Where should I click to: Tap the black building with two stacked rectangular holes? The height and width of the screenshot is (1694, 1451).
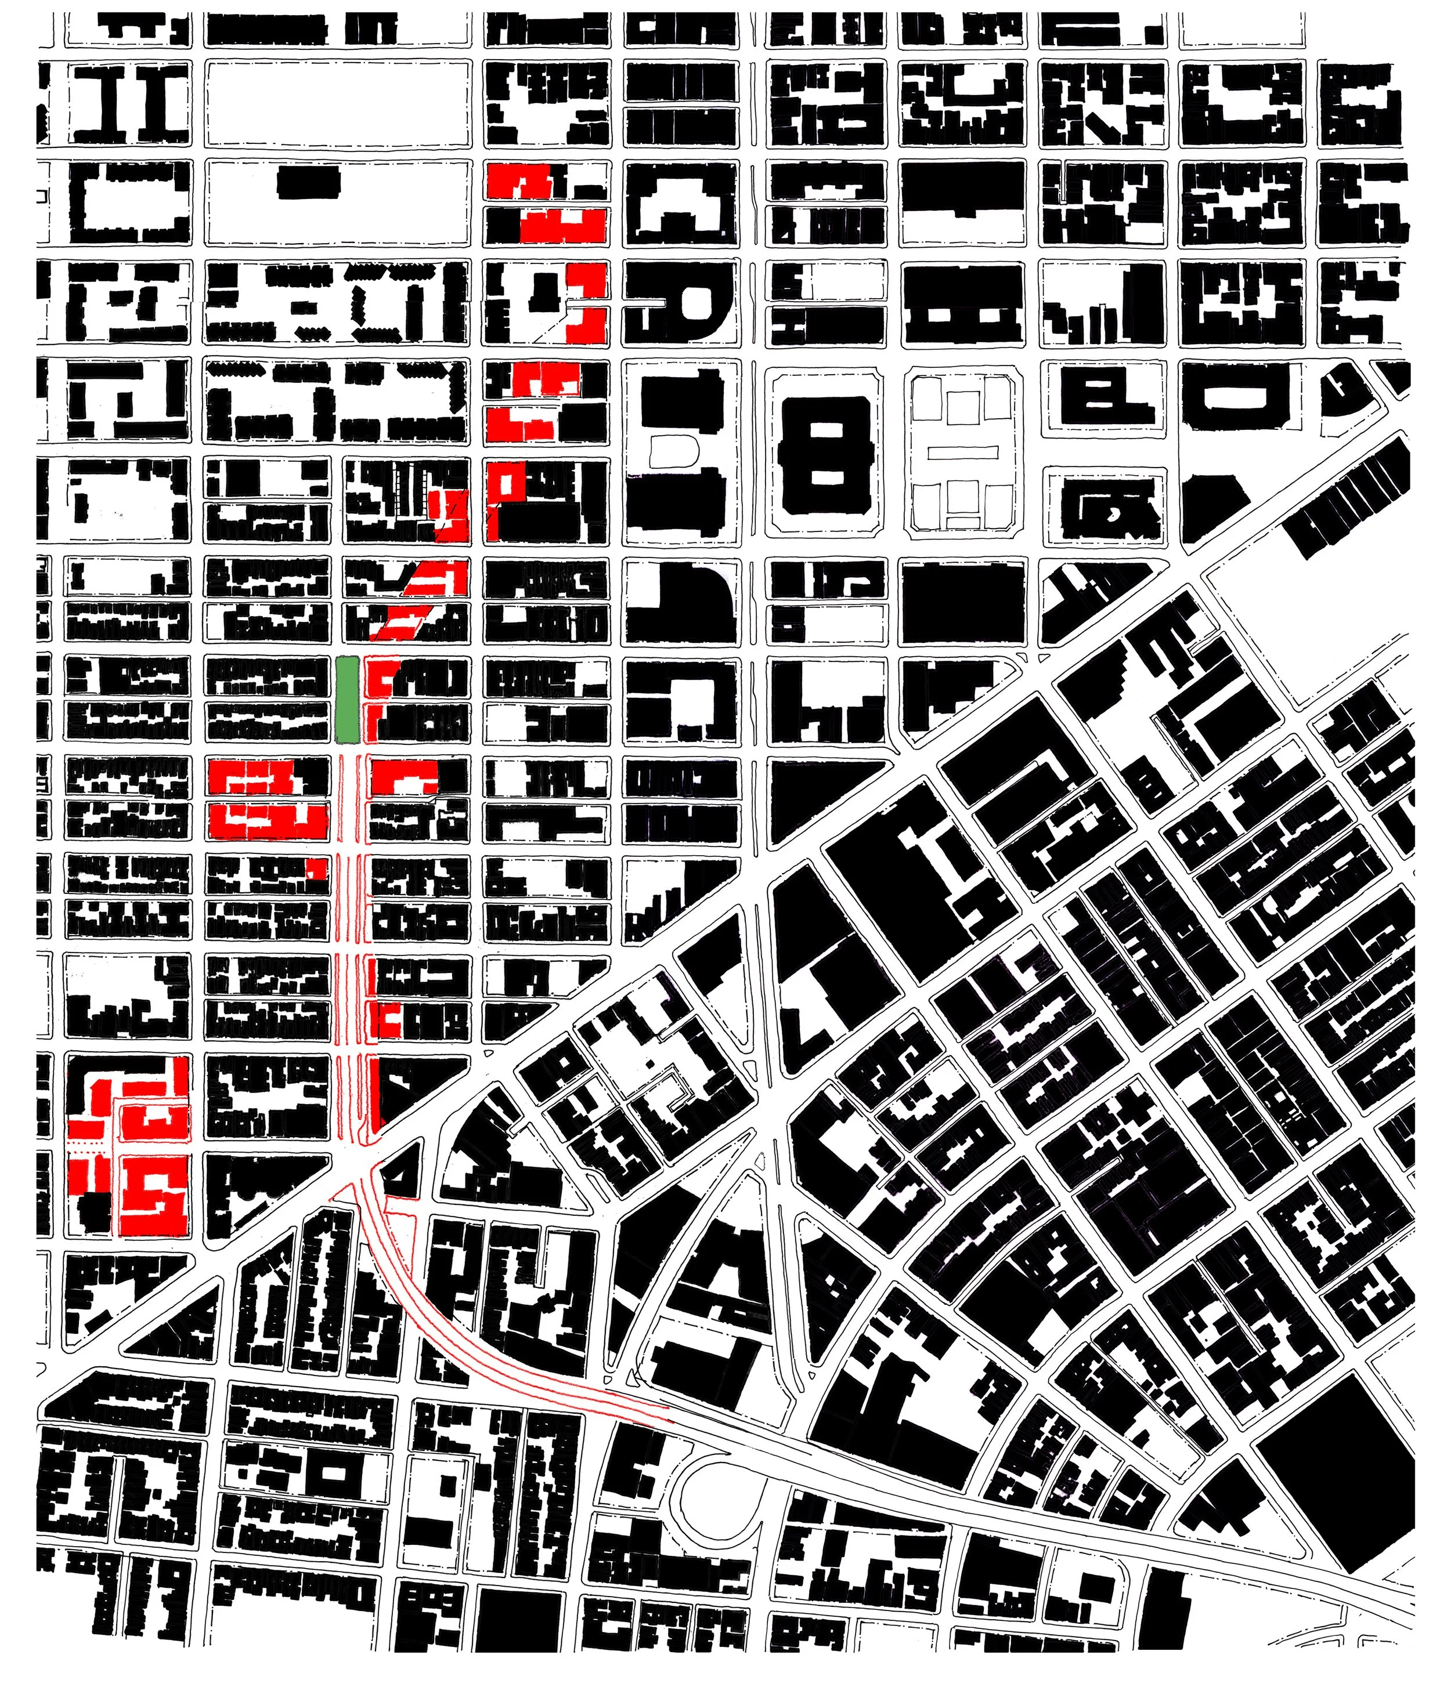(x=825, y=454)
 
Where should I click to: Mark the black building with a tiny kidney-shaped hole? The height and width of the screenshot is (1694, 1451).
(x=1113, y=511)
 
